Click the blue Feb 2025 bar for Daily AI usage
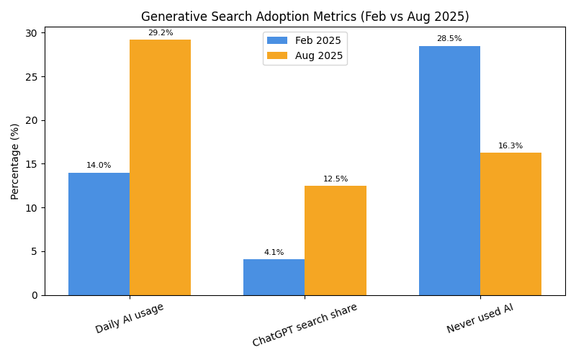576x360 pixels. click(x=99, y=234)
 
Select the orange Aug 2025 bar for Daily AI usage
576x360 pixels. click(x=160, y=167)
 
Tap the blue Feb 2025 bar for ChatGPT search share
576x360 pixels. click(x=274, y=277)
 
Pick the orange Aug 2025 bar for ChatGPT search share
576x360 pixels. click(x=336, y=240)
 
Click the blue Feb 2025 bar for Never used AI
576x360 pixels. click(x=449, y=171)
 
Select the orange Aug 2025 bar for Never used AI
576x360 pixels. click(x=510, y=224)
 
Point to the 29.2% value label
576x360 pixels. click(x=160, y=33)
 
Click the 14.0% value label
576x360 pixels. click(x=99, y=166)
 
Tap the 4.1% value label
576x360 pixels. click(x=274, y=253)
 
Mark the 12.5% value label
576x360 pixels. click(x=336, y=179)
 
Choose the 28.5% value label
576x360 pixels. click(x=449, y=39)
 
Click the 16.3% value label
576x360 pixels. click(x=510, y=146)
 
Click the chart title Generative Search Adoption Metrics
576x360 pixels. click(x=305, y=17)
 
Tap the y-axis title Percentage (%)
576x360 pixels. click(x=15, y=161)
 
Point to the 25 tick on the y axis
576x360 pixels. click(x=32, y=76)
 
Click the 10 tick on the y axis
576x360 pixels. click(x=32, y=208)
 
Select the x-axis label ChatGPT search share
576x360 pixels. click(x=305, y=325)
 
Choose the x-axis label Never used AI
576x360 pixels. click(x=480, y=319)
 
